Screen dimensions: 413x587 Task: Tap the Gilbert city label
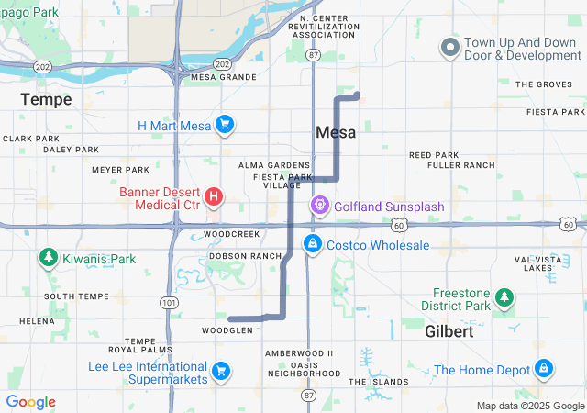[449, 332]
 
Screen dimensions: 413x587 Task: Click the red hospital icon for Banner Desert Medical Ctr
[214, 195]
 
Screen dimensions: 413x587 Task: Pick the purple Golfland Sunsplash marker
[319, 206]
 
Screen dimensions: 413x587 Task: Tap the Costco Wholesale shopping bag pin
[313, 244]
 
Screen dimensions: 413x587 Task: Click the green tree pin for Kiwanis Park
[47, 259]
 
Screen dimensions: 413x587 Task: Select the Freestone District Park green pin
[504, 296]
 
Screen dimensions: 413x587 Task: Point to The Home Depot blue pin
[544, 369]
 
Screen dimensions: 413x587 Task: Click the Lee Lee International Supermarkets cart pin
[220, 371]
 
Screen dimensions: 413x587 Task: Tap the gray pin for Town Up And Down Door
[450, 47]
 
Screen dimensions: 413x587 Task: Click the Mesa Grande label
[216, 77]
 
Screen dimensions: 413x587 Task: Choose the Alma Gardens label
[267, 164]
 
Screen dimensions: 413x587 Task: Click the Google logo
[31, 402]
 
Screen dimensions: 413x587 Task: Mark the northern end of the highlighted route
[356, 94]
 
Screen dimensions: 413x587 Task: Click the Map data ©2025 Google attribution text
[529, 406]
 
